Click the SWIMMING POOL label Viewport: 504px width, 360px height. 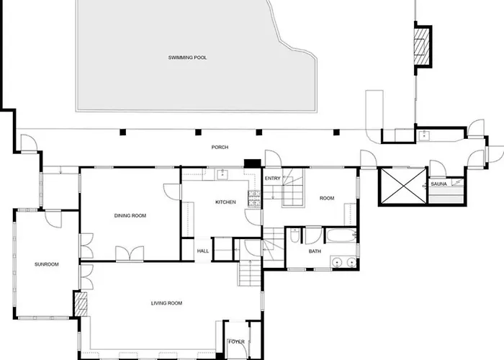(x=187, y=58)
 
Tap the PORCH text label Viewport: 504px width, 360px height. (x=220, y=147)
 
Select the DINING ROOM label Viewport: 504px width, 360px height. (x=130, y=216)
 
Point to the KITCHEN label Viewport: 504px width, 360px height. (x=225, y=202)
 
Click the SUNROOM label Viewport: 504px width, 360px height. (x=47, y=264)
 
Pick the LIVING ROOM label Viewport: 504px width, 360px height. (x=166, y=303)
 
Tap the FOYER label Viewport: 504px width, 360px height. (x=236, y=342)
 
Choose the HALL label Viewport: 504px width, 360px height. (x=203, y=251)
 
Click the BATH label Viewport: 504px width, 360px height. (x=315, y=251)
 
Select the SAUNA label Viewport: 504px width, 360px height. (x=438, y=184)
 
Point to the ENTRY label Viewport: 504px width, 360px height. (x=273, y=179)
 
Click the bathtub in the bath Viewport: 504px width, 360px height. (x=341, y=235)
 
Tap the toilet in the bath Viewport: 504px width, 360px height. (x=294, y=235)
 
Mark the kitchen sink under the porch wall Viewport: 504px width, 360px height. (x=222, y=174)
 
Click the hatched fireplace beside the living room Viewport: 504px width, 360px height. (x=81, y=304)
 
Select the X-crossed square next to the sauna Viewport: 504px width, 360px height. (x=403, y=186)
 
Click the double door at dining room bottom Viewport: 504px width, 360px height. (x=130, y=253)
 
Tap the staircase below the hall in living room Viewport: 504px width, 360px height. (x=250, y=273)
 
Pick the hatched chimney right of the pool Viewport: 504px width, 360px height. (x=422, y=46)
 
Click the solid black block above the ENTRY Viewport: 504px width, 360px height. (x=252, y=163)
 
